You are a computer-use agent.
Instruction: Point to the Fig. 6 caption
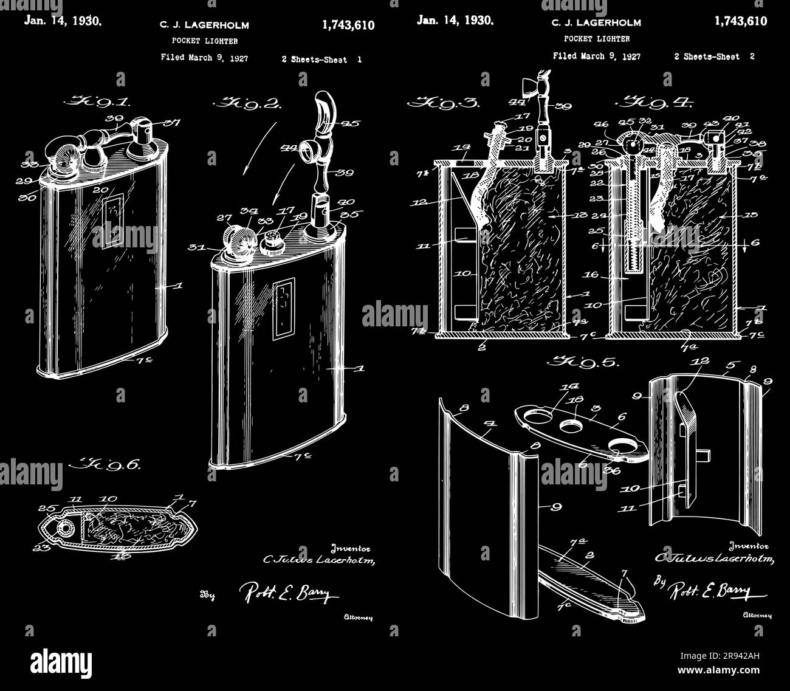click(x=106, y=464)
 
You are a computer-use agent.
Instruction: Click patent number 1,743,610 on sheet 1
click(x=348, y=26)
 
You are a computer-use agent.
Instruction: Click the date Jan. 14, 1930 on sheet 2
click(x=455, y=20)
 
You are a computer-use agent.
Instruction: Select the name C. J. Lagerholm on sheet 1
click(x=204, y=26)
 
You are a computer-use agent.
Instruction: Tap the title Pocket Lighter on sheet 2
click(x=596, y=39)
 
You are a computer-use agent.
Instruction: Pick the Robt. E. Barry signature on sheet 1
click(x=289, y=593)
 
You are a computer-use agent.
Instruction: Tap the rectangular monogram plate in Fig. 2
click(x=283, y=309)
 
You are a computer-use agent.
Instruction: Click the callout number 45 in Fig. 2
click(x=351, y=124)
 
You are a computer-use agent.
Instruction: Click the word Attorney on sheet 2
click(x=758, y=616)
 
